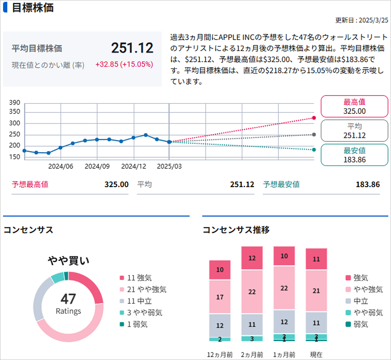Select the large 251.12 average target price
click(x=132, y=48)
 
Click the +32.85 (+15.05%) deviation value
click(x=124, y=64)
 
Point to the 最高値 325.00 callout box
click(x=354, y=107)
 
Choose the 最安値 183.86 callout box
click(x=354, y=155)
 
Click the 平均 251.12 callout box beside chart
click(x=354, y=131)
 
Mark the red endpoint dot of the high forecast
click(x=314, y=118)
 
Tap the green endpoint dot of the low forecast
click(x=314, y=150)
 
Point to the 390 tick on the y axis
click(x=17, y=103)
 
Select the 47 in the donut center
click(x=68, y=299)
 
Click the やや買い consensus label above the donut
click(x=68, y=260)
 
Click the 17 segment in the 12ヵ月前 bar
click(x=220, y=297)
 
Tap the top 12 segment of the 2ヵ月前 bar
click(x=252, y=258)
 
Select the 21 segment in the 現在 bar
click(x=316, y=291)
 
